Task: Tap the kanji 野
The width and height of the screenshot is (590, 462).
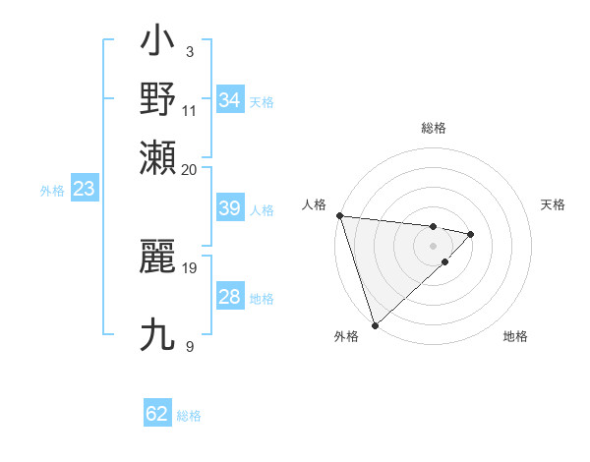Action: [158, 99]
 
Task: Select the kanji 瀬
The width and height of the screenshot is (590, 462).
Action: [158, 156]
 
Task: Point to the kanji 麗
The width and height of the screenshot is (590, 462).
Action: [158, 257]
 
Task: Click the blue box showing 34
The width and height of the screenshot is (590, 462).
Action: [230, 100]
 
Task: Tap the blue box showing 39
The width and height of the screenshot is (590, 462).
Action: [230, 208]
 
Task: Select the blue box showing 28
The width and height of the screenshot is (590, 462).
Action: [230, 298]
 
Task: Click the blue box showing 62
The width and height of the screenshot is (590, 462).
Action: [157, 414]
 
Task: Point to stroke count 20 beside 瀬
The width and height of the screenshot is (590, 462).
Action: [190, 169]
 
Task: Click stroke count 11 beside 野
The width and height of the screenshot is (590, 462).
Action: [190, 110]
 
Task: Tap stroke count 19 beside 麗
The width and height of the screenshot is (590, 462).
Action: [190, 266]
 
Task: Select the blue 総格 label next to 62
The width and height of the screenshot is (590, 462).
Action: [189, 416]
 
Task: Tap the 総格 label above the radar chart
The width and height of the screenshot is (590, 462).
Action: [433, 128]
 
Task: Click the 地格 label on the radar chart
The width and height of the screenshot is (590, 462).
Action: [515, 337]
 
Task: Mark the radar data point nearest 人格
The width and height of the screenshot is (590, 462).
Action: [339, 215]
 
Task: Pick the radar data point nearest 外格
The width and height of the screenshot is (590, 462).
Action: [375, 324]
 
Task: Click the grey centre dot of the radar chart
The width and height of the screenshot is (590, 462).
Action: [433, 245]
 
